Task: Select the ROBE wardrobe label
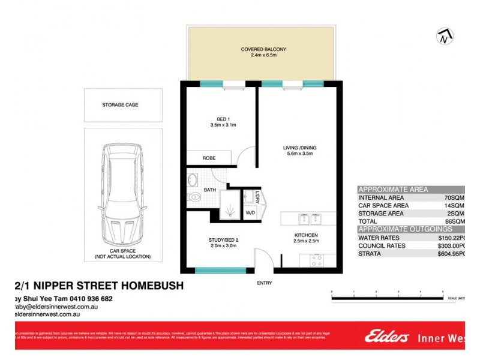209,158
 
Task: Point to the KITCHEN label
305,235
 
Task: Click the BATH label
209,190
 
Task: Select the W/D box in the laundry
250,212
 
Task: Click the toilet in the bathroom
194,197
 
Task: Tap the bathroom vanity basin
193,179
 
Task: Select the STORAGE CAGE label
124,105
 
